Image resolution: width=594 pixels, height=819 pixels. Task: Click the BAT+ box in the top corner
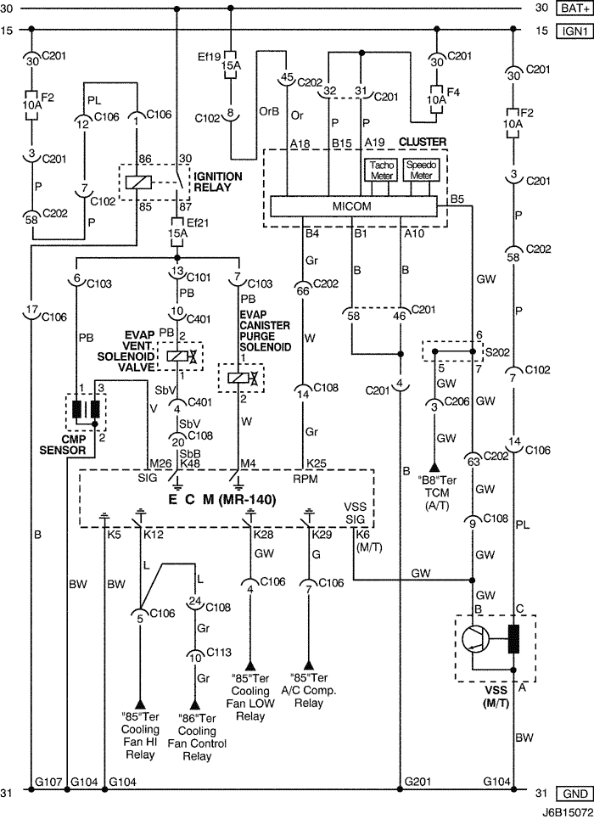pos(573,8)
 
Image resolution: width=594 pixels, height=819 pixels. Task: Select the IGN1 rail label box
pos(573,31)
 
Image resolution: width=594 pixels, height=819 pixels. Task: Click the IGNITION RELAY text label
pos(218,181)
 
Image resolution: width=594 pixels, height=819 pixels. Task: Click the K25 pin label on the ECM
pos(317,463)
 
